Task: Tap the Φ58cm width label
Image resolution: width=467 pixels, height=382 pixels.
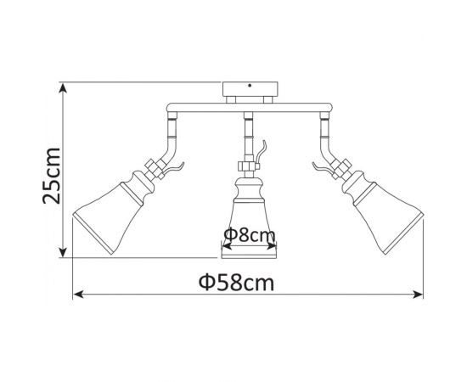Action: coord(247,282)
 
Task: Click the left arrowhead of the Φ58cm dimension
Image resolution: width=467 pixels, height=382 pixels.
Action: coord(78,295)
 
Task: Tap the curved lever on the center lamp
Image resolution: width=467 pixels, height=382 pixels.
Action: coord(264,151)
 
